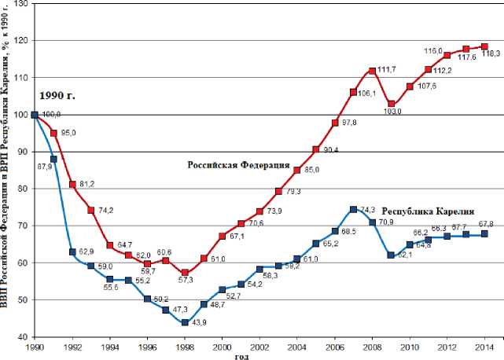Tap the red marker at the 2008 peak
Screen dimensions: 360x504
pyautogui.click(x=372, y=71)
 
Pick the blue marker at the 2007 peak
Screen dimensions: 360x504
pyautogui.click(x=353, y=210)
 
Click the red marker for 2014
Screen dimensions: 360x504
pyautogui.click(x=484, y=46)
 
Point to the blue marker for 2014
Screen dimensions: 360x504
pyautogui.click(x=484, y=233)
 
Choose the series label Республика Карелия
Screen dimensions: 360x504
pyautogui.click(x=428, y=211)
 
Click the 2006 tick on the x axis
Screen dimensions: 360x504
pyautogui.click(x=334, y=346)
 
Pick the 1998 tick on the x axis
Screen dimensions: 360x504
pyautogui.click(x=184, y=346)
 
